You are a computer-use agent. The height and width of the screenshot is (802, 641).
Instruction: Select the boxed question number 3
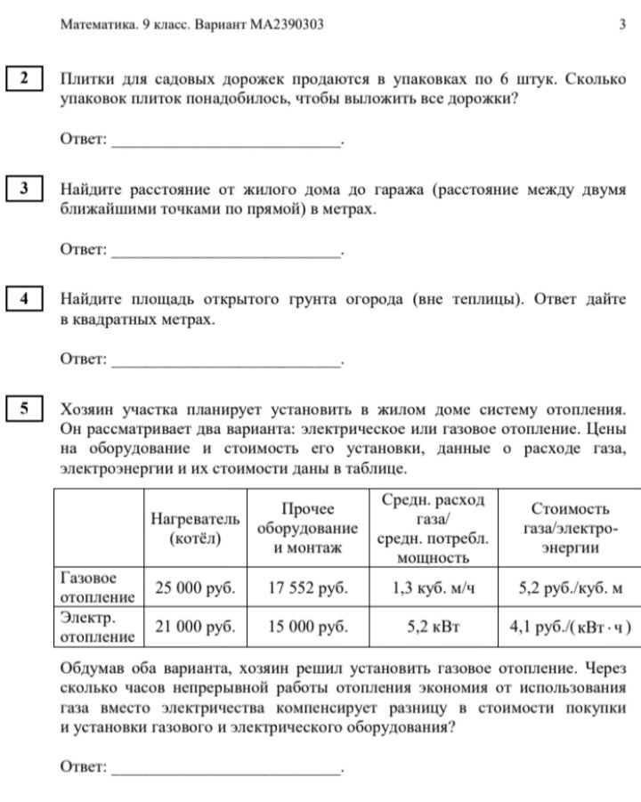click(24, 189)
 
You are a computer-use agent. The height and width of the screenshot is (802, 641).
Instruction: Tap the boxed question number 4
click(24, 299)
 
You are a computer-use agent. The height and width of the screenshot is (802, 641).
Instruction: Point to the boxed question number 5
click(24, 409)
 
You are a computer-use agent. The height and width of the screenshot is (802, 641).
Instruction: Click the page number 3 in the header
click(622, 25)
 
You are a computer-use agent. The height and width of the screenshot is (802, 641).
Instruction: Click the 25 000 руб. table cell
click(195, 587)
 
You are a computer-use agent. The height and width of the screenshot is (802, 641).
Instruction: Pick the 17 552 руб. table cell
click(307, 587)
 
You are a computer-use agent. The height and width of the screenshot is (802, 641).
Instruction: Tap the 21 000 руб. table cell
click(195, 627)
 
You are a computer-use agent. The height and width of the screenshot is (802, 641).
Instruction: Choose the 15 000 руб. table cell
click(307, 627)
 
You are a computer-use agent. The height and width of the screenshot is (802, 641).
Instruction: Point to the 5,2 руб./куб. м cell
click(571, 587)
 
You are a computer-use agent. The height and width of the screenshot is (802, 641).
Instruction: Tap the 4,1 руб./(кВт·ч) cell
click(571, 627)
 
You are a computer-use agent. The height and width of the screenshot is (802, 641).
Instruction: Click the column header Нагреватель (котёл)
click(195, 529)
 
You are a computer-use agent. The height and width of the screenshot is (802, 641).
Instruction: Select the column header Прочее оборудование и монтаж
click(307, 529)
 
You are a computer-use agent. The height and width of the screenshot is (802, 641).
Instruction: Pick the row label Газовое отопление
click(97, 587)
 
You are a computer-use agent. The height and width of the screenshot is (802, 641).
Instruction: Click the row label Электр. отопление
click(97, 627)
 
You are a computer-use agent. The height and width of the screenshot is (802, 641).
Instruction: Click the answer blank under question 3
click(226, 251)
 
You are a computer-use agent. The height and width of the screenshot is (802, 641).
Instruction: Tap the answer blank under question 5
click(226, 766)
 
